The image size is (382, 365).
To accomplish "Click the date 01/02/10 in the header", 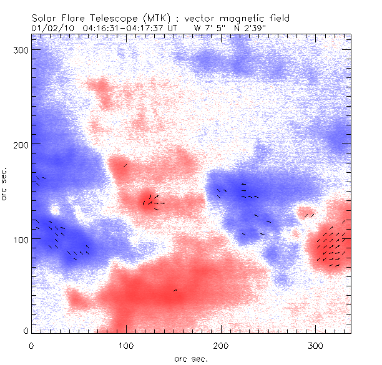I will pyautogui.click(x=52, y=28).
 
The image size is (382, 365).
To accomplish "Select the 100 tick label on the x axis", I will pyautogui.click(x=126, y=344).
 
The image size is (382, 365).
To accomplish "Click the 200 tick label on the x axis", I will pyautogui.click(x=221, y=344).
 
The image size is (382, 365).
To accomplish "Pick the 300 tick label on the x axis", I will pyautogui.click(x=316, y=344).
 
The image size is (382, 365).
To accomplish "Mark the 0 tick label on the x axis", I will pyautogui.click(x=31, y=344).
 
